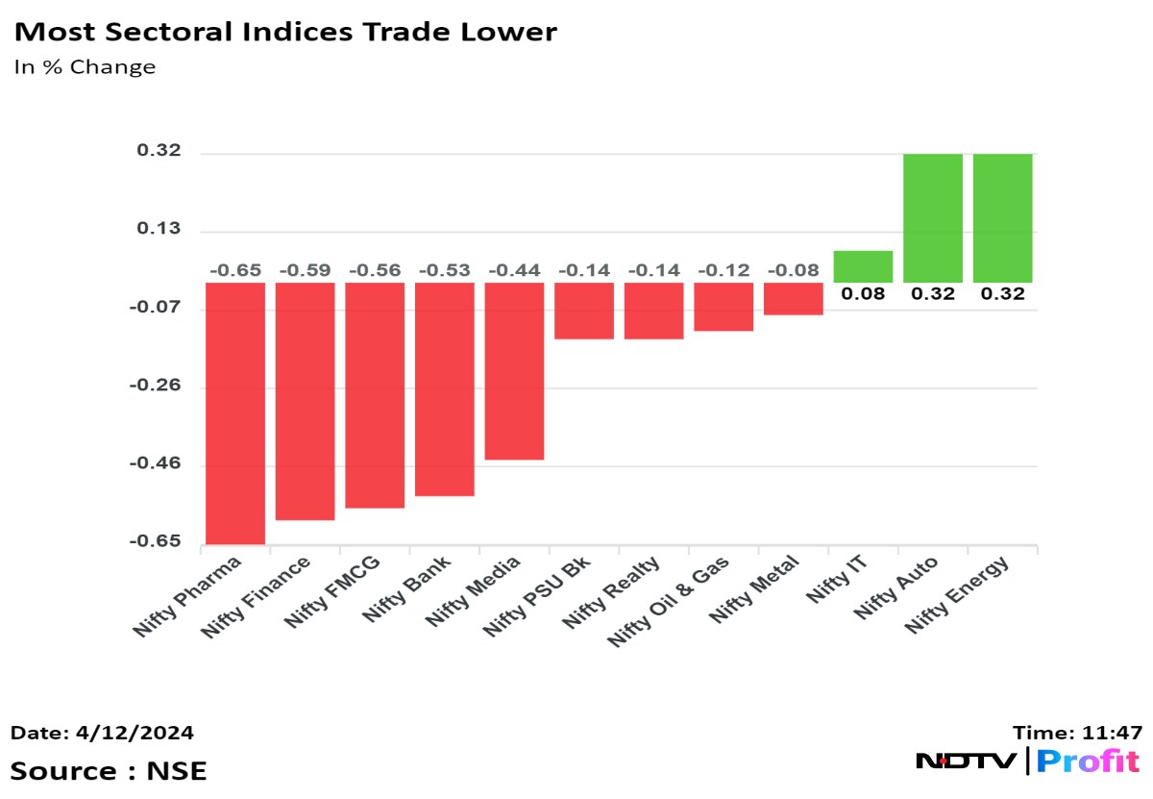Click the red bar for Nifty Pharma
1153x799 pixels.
click(x=235, y=413)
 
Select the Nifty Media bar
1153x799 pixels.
click(x=514, y=371)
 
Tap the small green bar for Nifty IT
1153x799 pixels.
click(x=863, y=266)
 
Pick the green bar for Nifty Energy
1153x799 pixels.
click(x=1002, y=217)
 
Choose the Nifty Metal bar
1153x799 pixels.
click(x=794, y=298)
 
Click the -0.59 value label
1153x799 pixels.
click(x=305, y=270)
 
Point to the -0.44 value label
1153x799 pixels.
click(x=514, y=270)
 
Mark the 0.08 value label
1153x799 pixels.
click(x=863, y=294)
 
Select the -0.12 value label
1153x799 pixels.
click(x=724, y=270)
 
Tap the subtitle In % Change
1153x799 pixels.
click(x=85, y=67)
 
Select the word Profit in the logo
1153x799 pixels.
click(x=1088, y=762)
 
